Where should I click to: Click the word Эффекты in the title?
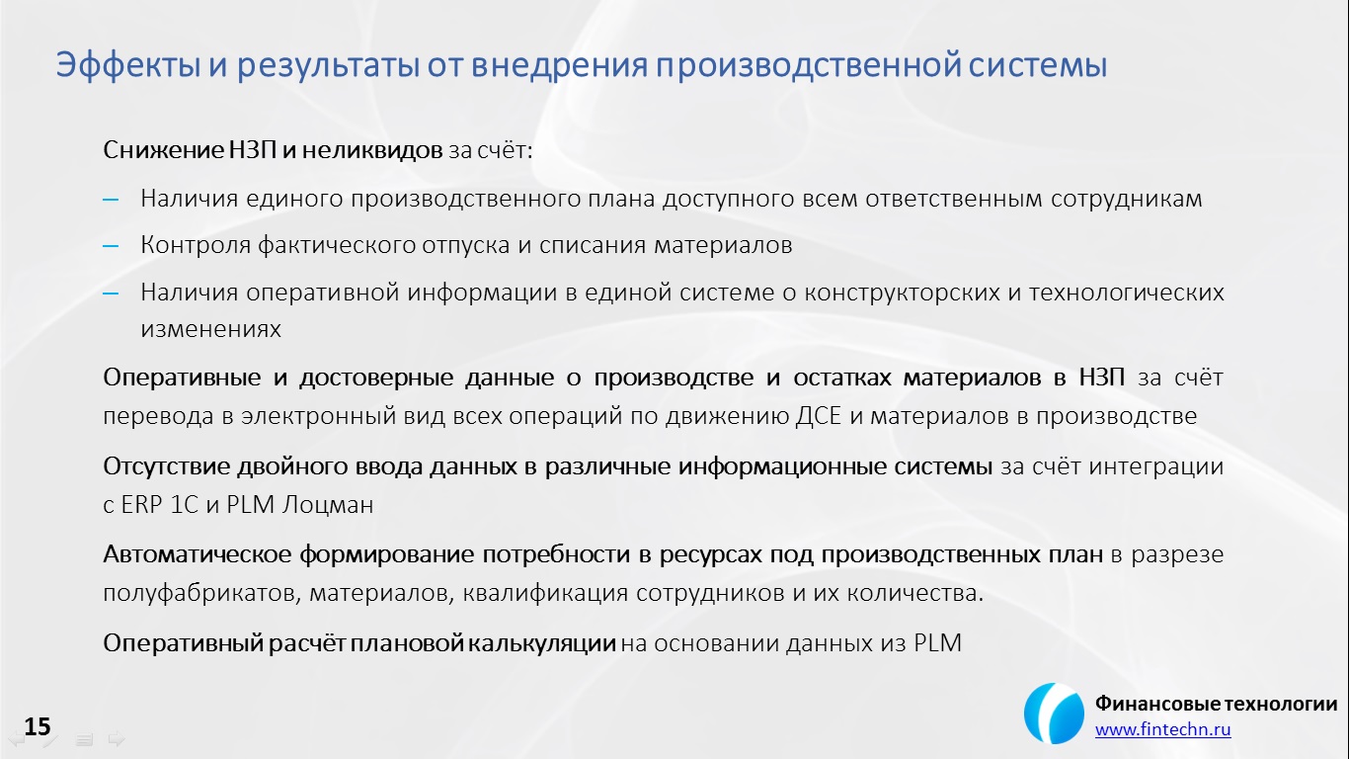pos(128,65)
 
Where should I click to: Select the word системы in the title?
pos(1038,66)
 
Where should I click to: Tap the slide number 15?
pos(38,726)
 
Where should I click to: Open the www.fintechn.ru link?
pos(1162,730)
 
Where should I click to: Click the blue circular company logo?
pos(1054,714)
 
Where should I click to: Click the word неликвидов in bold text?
pos(372,150)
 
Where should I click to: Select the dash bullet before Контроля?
pos(111,246)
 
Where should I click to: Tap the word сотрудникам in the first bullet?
pos(1126,200)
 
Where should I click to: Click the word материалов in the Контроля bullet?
pos(723,245)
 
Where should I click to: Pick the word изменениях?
pos(210,329)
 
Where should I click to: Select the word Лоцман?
pos(328,505)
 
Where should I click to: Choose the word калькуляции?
pos(542,643)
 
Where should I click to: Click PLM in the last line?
pos(937,643)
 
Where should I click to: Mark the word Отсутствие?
pos(166,466)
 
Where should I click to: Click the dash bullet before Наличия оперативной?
pos(111,293)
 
